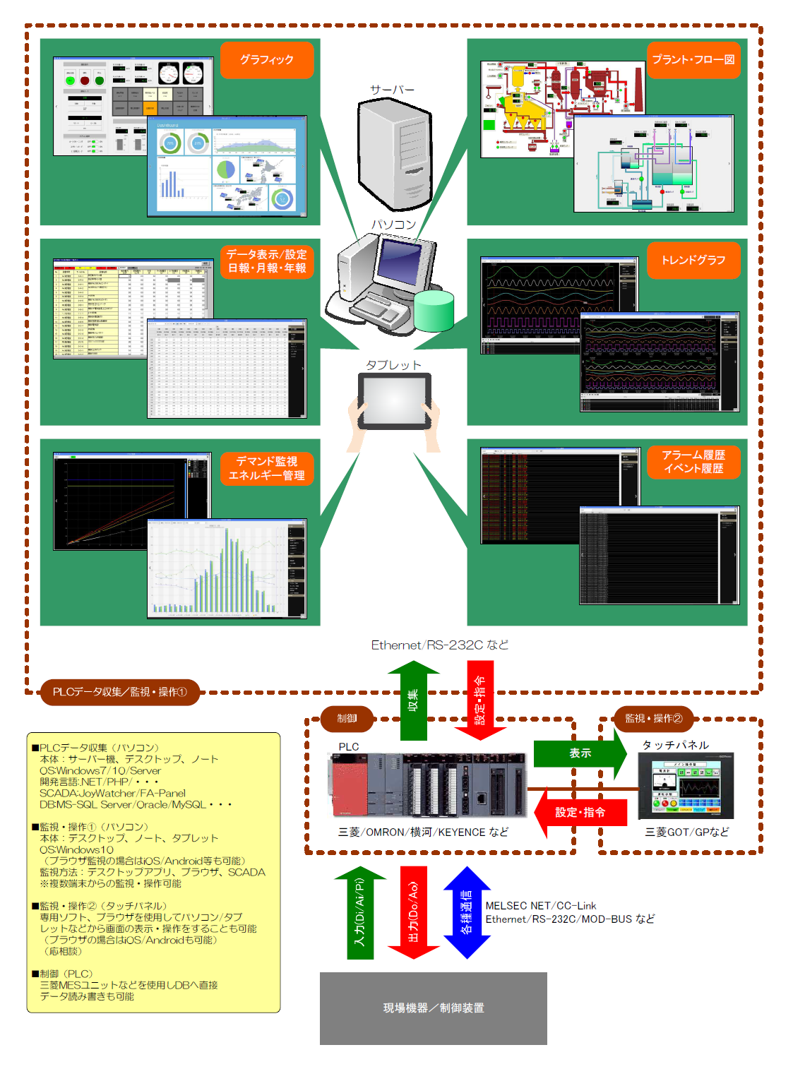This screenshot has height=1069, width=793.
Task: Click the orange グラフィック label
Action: coord(266,60)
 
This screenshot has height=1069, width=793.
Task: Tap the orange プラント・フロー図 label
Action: coord(693,60)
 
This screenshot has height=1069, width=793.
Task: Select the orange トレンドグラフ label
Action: coord(693,260)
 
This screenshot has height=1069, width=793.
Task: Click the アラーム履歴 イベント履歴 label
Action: coord(693,462)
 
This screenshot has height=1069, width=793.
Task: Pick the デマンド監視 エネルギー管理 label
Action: coord(266,468)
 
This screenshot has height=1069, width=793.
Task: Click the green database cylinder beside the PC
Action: coord(434,311)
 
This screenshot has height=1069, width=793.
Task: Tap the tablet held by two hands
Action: coord(394,401)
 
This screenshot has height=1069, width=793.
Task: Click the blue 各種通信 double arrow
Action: coord(467,912)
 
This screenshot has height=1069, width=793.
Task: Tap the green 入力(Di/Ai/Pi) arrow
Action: coord(360,912)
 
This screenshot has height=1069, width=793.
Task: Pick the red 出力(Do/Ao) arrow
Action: coord(414,912)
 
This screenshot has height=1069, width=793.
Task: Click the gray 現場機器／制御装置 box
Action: coord(433,1008)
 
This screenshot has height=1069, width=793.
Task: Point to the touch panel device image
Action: coord(686,785)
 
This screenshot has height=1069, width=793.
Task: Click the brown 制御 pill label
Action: coord(347,719)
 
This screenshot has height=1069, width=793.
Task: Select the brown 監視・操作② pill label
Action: coord(653,719)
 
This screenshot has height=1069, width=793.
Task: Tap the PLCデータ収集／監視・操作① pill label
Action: coord(119,692)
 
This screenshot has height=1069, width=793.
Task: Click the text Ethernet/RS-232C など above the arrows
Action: coord(439,645)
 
